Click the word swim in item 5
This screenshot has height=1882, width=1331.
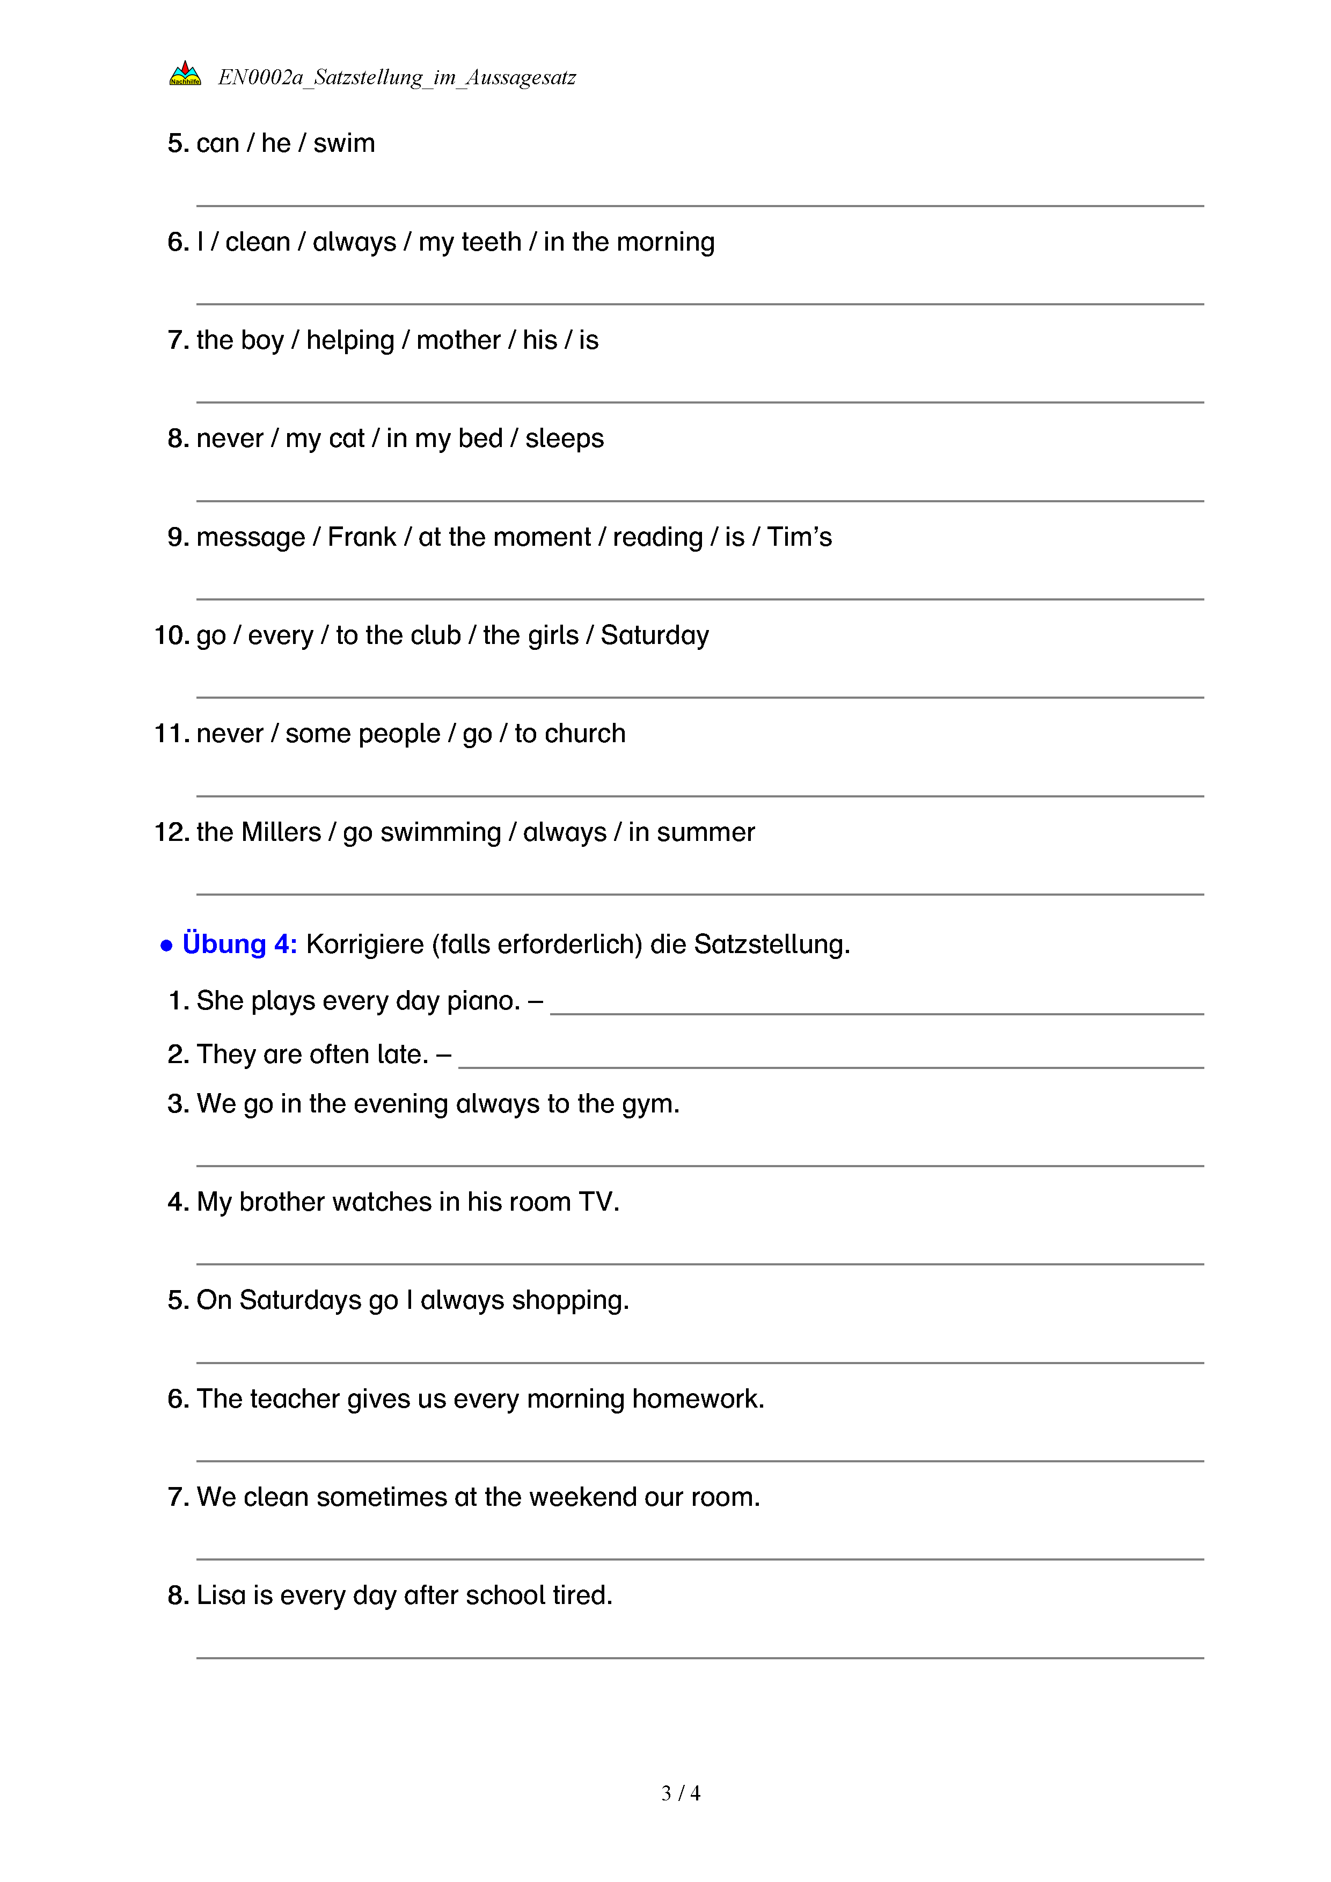tap(343, 143)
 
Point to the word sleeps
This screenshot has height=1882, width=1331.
tap(564, 438)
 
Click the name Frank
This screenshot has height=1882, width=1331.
tap(361, 537)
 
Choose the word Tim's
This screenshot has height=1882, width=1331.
tap(799, 537)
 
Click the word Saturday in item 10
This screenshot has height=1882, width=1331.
tap(654, 635)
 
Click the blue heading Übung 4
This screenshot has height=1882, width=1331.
tap(239, 944)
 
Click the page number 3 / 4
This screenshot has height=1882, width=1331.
tap(680, 1793)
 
